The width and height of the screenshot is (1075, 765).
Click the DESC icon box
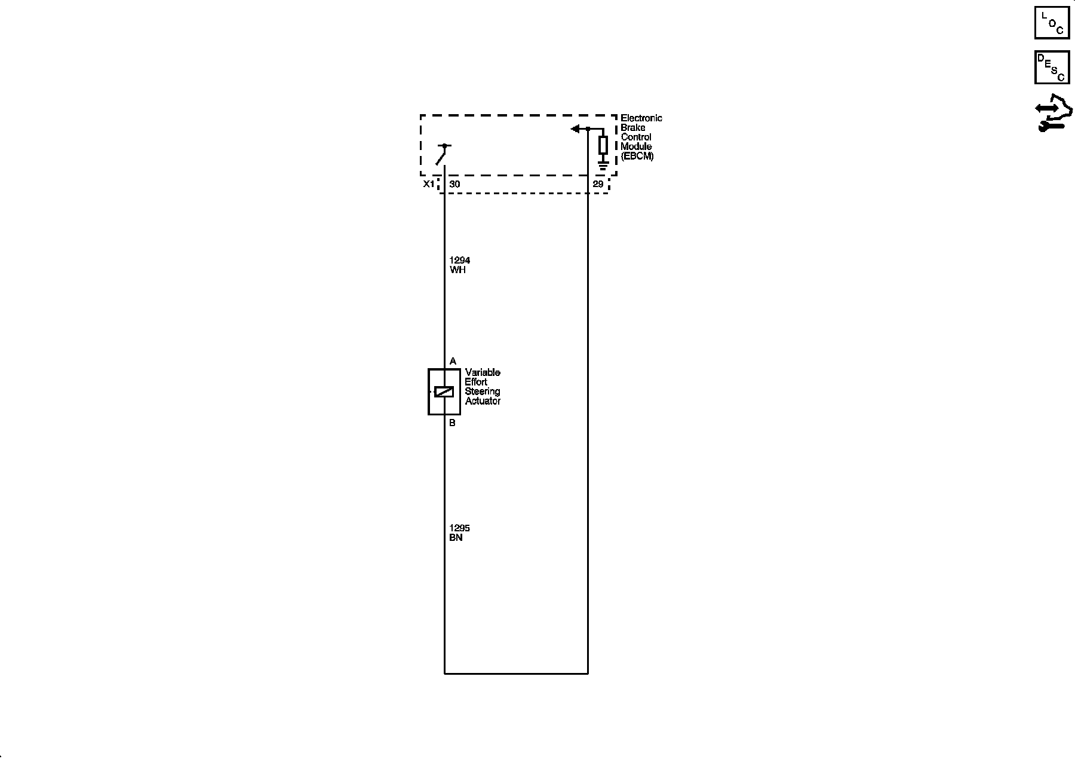(1052, 68)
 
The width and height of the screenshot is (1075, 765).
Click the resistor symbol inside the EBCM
(603, 145)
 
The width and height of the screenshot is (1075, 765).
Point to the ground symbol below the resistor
(603, 165)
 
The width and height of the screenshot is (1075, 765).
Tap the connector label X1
(429, 184)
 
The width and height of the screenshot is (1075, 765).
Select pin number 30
(454, 184)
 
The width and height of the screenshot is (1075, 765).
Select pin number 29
(598, 184)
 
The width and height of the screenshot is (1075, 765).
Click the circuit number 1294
(460, 260)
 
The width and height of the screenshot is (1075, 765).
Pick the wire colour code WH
(457, 270)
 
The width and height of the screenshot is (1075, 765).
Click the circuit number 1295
(460, 528)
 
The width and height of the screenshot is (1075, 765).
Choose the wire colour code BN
(456, 537)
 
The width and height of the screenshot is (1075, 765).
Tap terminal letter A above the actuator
(453, 361)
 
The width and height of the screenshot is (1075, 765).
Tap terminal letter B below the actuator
(452, 423)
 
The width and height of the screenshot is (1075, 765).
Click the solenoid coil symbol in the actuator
(444, 391)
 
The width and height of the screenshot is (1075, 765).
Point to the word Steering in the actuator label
(483, 391)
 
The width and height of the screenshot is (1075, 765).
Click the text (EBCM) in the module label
(637, 156)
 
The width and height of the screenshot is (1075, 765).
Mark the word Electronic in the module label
(641, 118)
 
